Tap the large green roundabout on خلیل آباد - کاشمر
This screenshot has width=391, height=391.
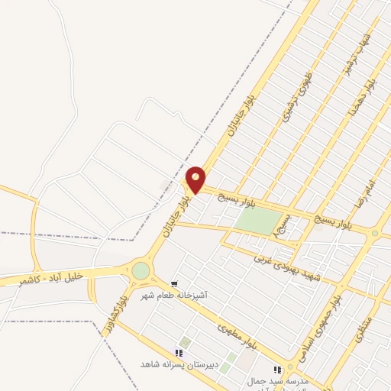[141, 270]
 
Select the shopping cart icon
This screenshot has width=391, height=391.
[175, 283]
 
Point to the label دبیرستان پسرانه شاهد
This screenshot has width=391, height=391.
[179, 364]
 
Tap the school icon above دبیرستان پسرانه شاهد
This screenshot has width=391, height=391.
[179, 353]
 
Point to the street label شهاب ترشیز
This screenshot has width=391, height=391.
[357, 53]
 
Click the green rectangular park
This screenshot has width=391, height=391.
[258, 221]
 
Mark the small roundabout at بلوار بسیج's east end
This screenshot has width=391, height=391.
[374, 233]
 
